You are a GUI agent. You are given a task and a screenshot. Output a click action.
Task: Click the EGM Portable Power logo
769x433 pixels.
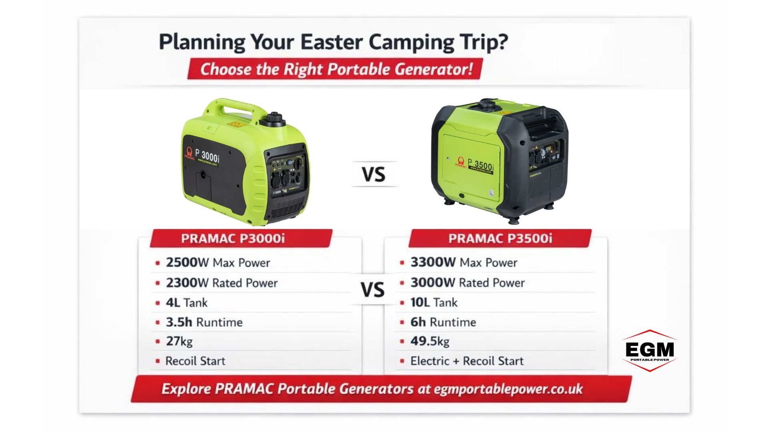click(x=650, y=350)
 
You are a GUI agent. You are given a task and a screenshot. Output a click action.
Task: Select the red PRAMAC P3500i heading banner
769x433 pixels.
click(x=500, y=239)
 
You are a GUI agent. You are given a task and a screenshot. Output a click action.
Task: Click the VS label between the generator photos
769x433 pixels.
click(x=374, y=174)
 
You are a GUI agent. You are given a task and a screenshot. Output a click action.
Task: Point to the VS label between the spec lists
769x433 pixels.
click(x=372, y=290)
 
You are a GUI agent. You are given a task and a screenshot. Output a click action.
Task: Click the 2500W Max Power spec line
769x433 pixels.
click(x=218, y=263)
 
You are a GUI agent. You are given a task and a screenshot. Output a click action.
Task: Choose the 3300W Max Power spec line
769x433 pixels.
click(x=463, y=263)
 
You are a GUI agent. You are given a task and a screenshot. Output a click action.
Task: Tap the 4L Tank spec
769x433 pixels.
click(x=187, y=303)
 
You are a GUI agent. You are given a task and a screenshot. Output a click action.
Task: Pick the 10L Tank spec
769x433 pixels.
click(x=434, y=302)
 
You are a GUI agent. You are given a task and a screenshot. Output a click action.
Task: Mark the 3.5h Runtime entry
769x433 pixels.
click(x=204, y=322)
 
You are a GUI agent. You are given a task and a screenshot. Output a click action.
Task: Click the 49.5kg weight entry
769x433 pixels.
click(x=430, y=341)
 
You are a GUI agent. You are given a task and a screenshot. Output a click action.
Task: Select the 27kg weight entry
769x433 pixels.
click(x=179, y=342)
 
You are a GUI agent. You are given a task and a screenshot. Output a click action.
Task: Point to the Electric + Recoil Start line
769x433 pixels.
click(x=467, y=361)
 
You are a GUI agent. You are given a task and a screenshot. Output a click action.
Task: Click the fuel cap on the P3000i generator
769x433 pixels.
click(x=275, y=119)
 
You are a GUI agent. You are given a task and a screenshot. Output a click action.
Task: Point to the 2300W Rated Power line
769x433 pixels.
click(x=221, y=283)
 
